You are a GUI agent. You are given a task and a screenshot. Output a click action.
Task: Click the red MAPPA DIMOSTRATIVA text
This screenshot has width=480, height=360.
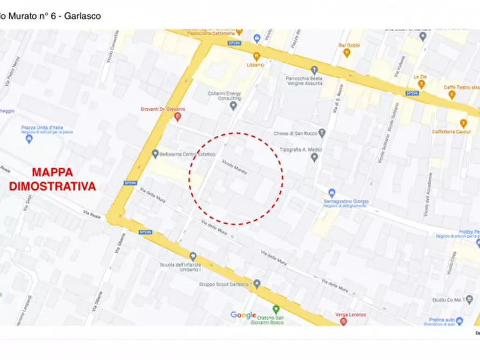point(52,179)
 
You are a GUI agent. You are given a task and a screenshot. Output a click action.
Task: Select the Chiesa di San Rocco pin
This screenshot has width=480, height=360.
point(322,133)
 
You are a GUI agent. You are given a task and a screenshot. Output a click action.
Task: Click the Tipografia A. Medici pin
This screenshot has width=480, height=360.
point(314,157)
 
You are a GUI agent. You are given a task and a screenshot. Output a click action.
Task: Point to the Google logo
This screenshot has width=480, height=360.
point(243,315)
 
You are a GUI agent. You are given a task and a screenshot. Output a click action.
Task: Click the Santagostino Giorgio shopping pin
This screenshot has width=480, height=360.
point(332,193)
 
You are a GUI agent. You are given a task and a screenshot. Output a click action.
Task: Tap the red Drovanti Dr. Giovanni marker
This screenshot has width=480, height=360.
point(178,116)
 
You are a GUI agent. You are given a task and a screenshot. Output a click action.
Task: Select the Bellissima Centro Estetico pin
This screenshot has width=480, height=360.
point(155,154)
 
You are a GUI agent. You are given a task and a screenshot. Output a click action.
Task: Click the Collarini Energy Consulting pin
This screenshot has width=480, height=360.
point(233,105)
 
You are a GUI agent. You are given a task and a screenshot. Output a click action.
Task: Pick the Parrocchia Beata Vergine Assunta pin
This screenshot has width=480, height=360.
point(314,70)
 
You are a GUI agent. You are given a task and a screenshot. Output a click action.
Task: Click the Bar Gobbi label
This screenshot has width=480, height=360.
point(349,46)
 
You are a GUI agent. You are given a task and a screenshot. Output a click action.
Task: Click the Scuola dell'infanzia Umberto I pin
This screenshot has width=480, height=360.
point(193,256)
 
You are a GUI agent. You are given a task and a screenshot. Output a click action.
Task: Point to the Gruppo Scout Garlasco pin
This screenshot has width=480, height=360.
point(257,284)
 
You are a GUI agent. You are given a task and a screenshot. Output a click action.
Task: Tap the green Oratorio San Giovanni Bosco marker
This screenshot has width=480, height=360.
point(276,309)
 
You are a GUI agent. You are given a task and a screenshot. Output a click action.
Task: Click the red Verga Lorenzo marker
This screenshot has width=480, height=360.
point(343,321)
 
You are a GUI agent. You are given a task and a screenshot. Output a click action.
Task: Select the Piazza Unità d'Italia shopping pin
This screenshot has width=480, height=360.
point(29,139)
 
